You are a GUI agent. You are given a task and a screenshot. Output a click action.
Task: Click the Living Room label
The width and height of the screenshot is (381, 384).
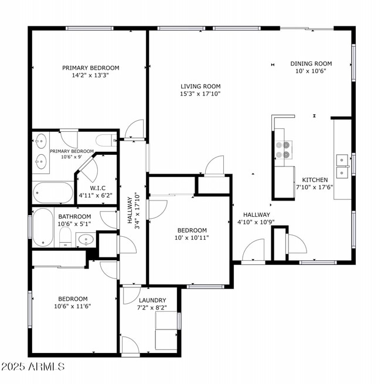[200, 86]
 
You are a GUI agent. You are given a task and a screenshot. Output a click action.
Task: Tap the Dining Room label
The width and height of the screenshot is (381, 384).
[311, 64]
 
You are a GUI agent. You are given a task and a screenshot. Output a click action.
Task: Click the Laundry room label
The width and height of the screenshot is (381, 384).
[151, 300]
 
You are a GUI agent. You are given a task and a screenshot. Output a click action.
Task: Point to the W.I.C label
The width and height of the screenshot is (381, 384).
[97, 188]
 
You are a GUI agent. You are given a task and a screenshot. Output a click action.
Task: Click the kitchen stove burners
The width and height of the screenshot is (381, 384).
[283, 150]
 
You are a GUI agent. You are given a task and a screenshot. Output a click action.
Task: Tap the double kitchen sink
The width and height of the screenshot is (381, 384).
[343, 165]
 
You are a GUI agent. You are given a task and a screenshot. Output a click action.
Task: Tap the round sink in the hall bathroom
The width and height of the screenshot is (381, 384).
[86, 239]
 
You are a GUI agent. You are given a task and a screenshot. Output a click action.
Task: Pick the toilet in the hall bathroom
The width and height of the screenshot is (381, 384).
[65, 237]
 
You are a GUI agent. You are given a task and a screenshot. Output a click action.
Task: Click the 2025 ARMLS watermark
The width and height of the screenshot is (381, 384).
[33, 367]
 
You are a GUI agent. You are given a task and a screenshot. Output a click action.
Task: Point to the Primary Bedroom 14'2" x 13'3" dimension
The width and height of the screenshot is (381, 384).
[90, 75]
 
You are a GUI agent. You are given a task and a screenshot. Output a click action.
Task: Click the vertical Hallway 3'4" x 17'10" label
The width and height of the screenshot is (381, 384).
[133, 209]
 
